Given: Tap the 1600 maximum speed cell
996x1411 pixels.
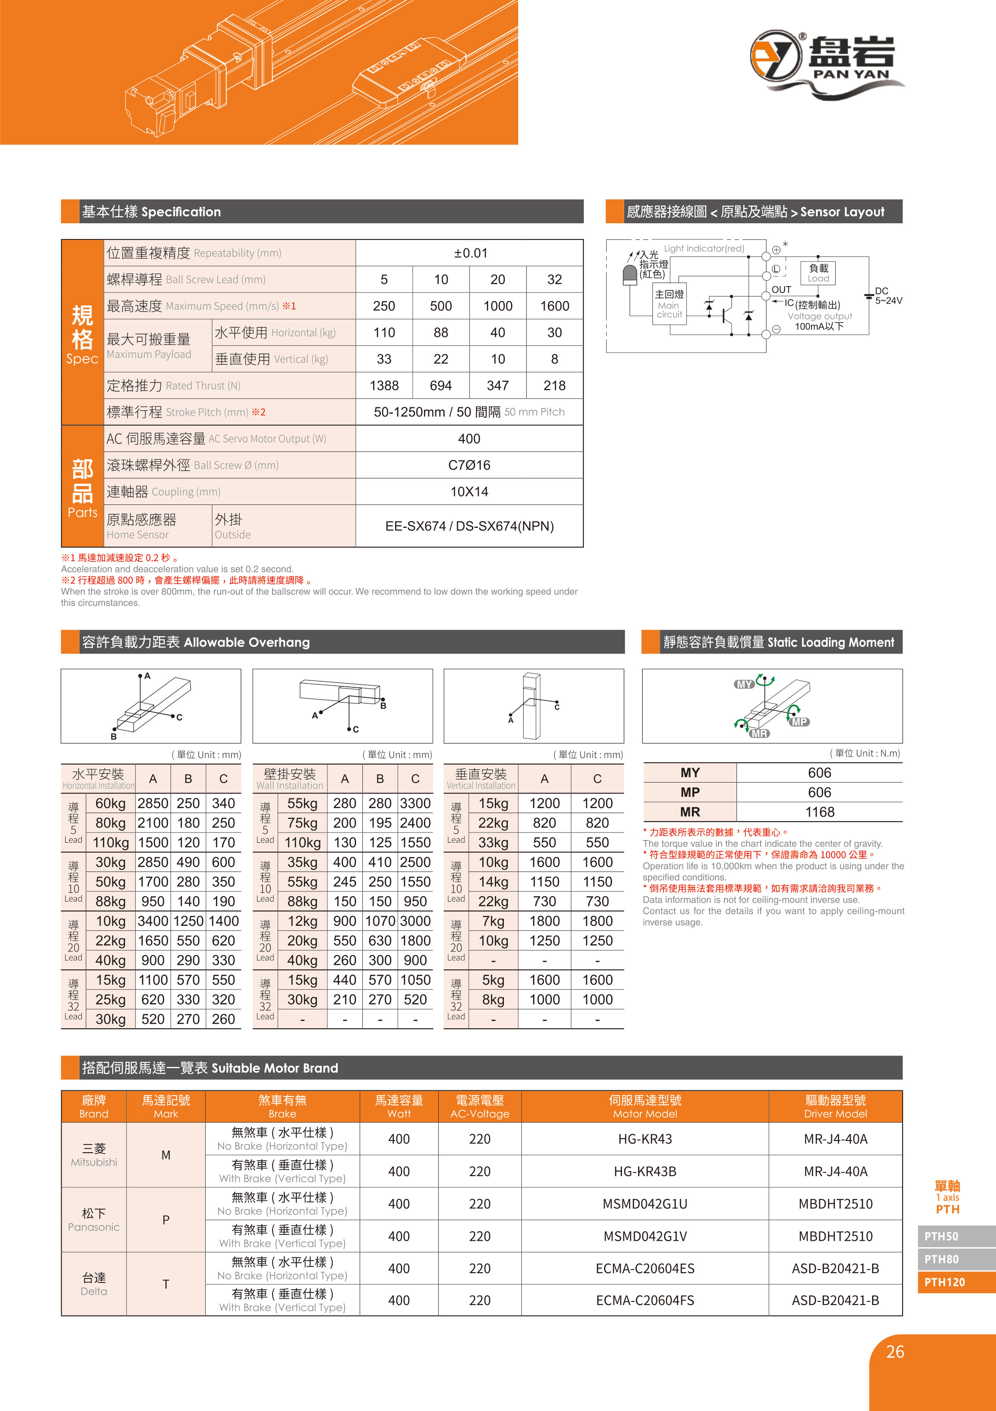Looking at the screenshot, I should [554, 306].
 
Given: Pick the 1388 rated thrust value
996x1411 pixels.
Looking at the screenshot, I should [384, 386].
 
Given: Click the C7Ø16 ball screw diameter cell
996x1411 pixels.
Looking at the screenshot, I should [469, 465].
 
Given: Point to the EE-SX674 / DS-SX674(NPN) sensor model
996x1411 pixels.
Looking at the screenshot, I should [469, 526].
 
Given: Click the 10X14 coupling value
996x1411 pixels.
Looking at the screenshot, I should [469, 491].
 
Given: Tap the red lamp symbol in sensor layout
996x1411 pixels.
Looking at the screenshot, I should [630, 275].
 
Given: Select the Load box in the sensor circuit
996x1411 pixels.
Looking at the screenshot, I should [818, 272].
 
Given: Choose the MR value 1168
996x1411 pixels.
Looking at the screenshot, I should [819, 812].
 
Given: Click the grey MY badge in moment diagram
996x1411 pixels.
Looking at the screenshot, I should [745, 684].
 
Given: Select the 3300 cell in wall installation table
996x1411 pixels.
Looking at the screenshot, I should [415, 803].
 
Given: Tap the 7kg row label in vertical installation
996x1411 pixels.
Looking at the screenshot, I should [493, 921].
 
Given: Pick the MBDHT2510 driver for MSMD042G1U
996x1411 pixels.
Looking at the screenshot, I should [835, 1204].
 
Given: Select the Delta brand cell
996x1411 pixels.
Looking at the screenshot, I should [93, 1284].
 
